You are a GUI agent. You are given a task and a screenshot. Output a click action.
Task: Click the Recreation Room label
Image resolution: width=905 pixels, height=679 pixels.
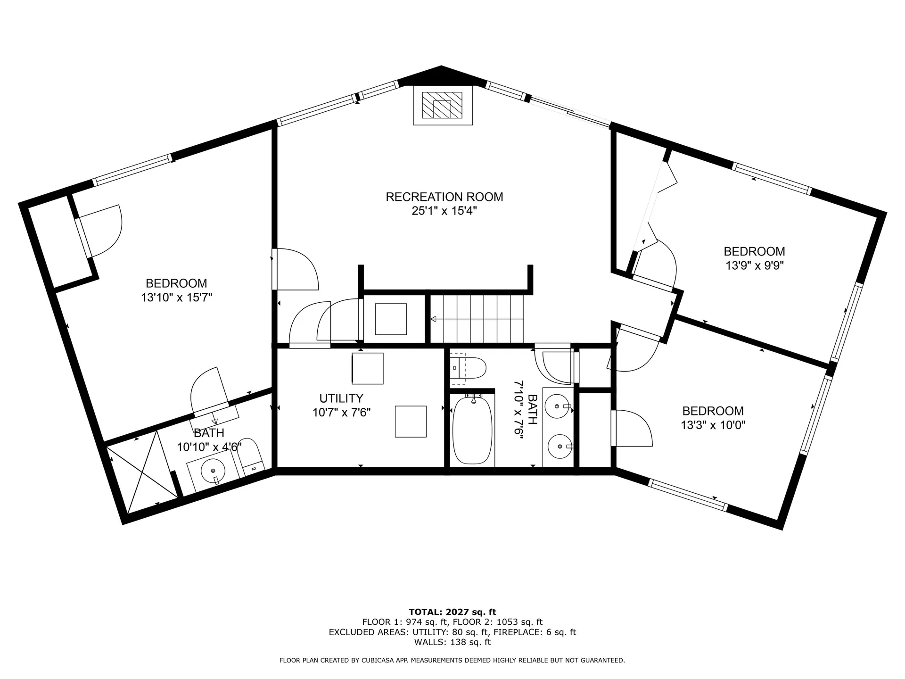point(444,197)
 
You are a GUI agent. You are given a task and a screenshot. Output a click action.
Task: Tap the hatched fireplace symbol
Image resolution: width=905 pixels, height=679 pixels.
point(442,105)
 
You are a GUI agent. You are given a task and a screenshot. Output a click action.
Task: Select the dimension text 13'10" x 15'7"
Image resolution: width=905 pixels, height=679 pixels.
point(176,298)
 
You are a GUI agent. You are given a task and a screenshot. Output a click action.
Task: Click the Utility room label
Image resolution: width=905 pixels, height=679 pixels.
point(341,398)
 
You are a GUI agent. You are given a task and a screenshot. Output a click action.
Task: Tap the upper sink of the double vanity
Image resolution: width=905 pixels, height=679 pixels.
point(558,406)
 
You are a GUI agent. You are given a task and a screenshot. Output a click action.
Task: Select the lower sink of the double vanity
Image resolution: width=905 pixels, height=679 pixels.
point(558,446)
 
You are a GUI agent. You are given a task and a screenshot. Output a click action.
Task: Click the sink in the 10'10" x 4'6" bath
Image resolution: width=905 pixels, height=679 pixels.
point(213,471)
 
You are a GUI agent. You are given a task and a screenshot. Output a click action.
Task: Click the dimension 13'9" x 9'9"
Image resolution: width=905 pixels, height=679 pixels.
point(754,265)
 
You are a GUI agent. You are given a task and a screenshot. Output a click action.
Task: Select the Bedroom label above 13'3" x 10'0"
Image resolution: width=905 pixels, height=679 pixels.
point(713,411)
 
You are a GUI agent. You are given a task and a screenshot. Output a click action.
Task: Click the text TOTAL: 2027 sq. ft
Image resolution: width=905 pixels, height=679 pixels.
point(452,612)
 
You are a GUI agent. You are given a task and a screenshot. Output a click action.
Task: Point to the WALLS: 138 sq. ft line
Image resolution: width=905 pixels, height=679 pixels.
point(452,642)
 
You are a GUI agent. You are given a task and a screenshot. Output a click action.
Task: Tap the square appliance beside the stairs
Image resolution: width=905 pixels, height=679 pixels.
point(391,319)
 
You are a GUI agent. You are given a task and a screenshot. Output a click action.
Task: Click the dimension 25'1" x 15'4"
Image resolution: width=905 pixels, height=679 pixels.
point(444,211)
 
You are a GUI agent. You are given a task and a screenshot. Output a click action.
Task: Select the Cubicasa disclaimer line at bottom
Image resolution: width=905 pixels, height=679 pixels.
point(452,661)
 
